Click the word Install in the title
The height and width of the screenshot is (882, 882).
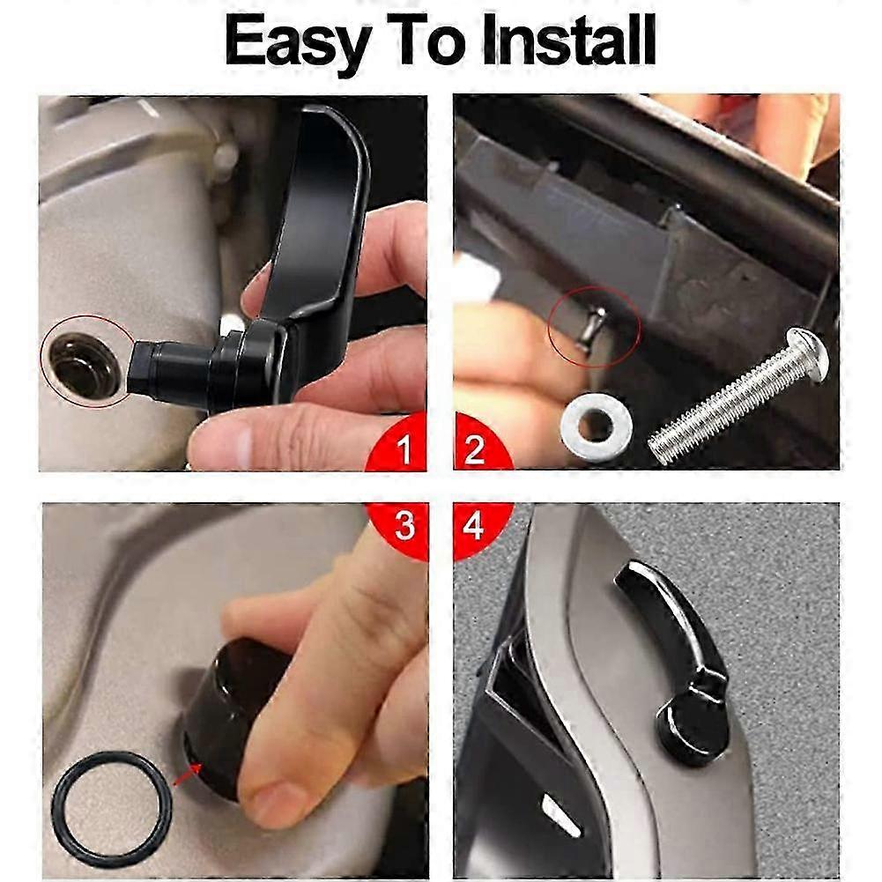[568, 40]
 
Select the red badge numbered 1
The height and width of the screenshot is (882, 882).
[398, 444]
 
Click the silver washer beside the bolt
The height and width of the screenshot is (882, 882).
[597, 422]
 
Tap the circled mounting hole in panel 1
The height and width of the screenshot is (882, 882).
[85, 361]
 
